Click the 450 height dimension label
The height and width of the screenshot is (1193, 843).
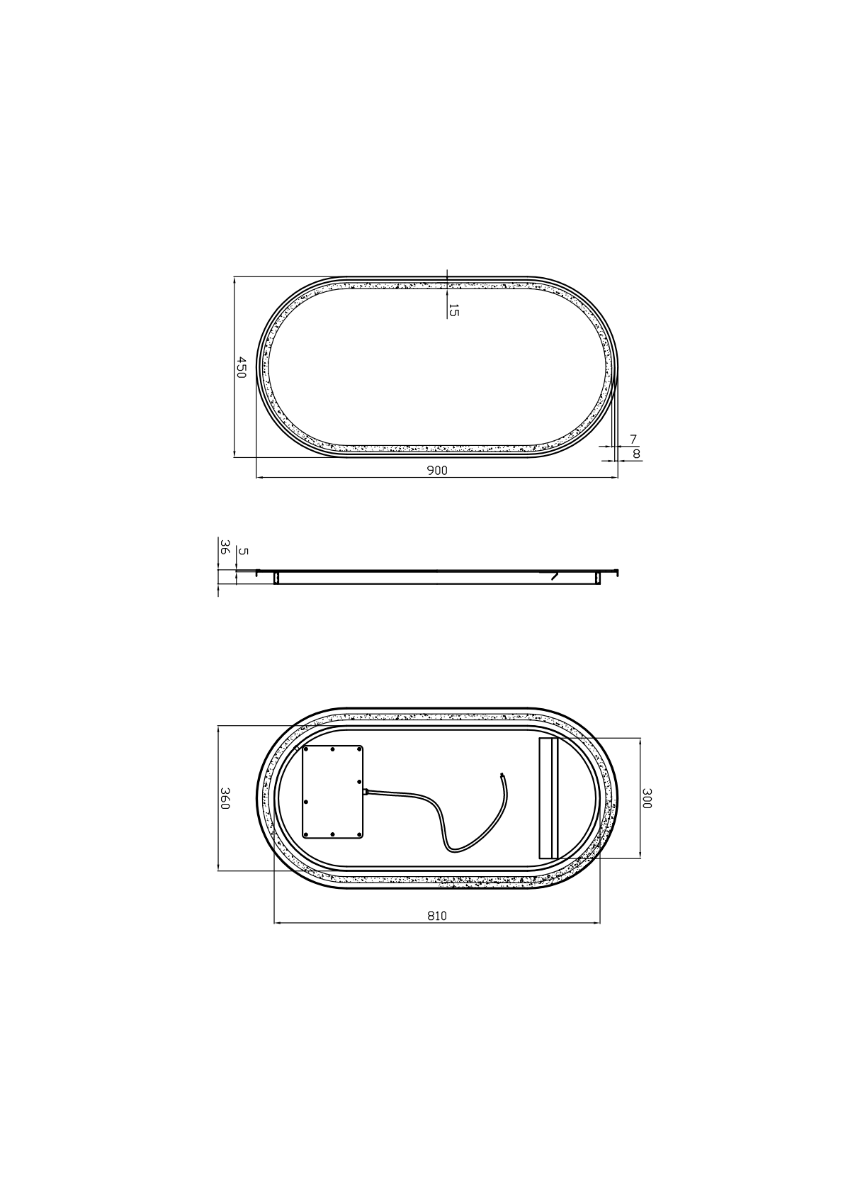click(x=241, y=368)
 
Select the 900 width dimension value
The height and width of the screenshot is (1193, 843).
click(x=437, y=471)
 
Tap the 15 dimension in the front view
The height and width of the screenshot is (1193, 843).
click(x=454, y=310)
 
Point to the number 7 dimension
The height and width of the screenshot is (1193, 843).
click(x=633, y=440)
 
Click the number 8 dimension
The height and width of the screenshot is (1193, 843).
click(x=635, y=454)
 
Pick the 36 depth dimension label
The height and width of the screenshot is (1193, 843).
click(x=224, y=547)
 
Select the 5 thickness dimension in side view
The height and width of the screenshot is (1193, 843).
click(x=244, y=551)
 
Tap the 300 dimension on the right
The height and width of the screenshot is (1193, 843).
click(x=646, y=798)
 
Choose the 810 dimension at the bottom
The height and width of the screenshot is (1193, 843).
click(x=437, y=916)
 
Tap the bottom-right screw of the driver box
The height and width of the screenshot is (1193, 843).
click(x=360, y=834)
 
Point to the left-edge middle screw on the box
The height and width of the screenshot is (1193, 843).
click(x=306, y=802)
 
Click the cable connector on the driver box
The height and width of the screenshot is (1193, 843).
click(x=366, y=791)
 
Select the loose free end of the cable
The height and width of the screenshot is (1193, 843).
click(x=502, y=775)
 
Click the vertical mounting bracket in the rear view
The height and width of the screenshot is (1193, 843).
click(x=548, y=798)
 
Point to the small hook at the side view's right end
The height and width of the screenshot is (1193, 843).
click(x=618, y=571)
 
